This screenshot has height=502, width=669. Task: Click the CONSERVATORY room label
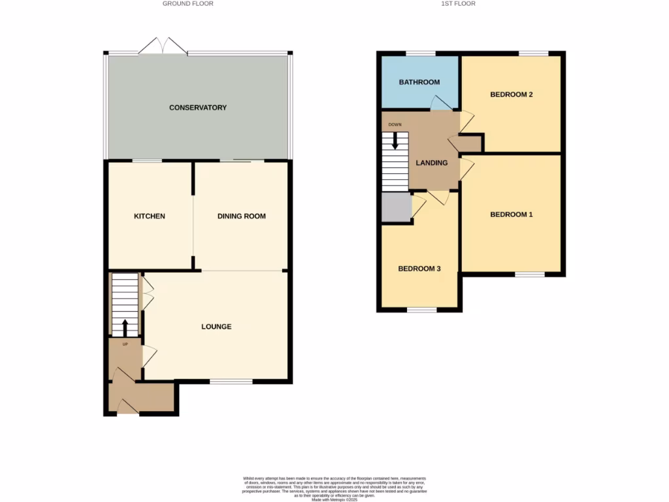(x=197, y=107)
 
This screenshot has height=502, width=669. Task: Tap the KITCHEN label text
(x=150, y=216)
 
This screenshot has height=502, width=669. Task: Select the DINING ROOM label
(x=242, y=216)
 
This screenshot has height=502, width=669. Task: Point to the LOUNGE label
(x=216, y=327)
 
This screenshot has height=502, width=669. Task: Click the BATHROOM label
(x=419, y=82)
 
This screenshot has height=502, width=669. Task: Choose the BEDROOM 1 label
(x=512, y=214)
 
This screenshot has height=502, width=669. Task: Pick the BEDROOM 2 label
(x=512, y=95)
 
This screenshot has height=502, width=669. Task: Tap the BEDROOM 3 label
(x=419, y=269)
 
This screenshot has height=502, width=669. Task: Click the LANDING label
(x=432, y=163)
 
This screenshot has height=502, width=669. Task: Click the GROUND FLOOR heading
(x=188, y=4)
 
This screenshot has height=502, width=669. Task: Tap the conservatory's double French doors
(x=163, y=46)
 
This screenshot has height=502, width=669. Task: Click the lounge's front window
(x=231, y=381)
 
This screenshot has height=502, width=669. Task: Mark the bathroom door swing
(x=440, y=103)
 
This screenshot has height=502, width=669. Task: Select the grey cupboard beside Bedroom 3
(x=397, y=209)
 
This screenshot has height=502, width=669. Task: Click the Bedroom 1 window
(x=529, y=275)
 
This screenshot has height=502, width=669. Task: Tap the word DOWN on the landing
(x=395, y=124)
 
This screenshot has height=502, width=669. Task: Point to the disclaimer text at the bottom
(x=334, y=487)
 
